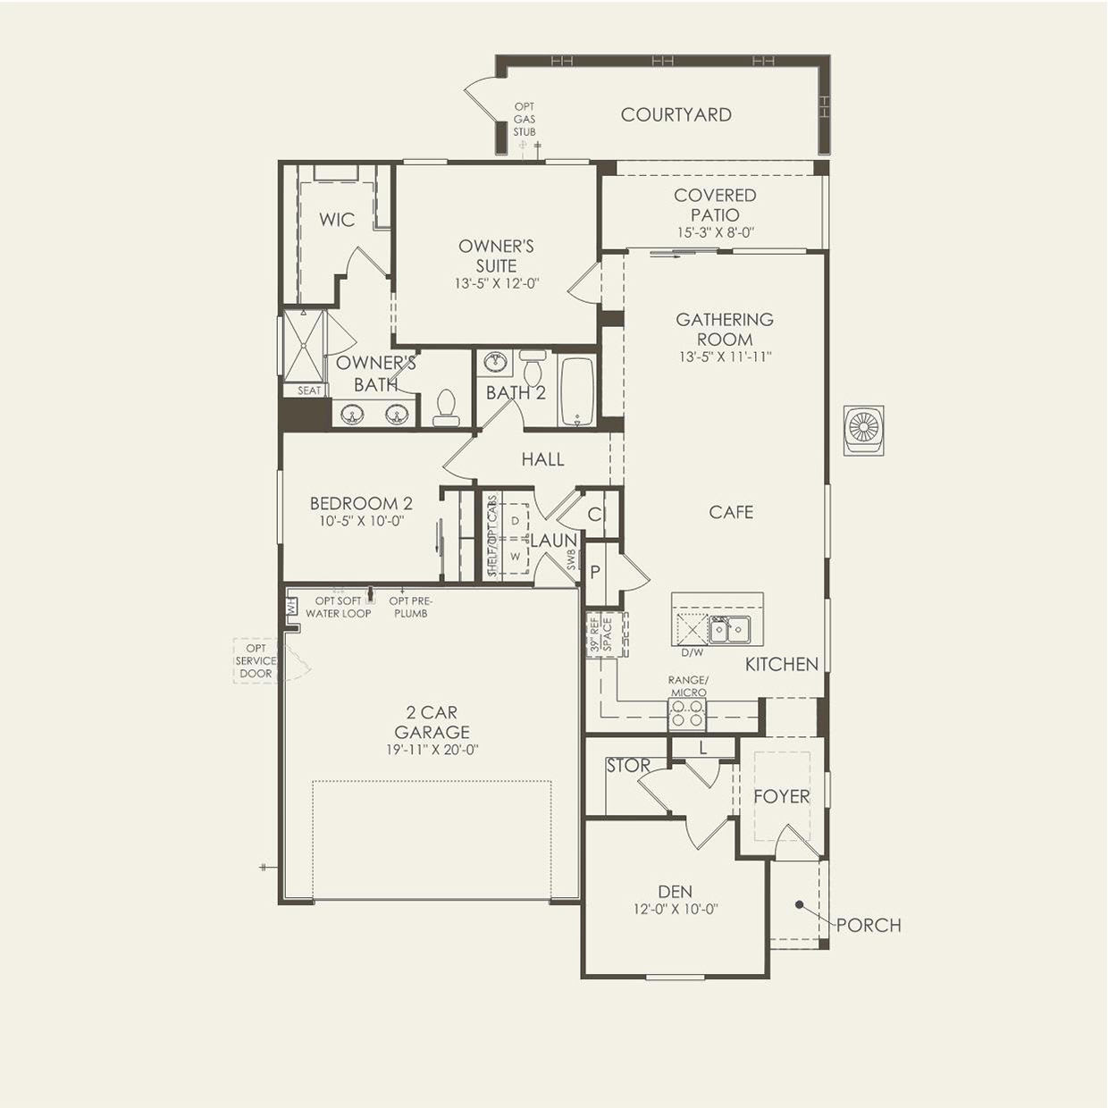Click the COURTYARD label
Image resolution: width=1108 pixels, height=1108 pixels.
point(676,115)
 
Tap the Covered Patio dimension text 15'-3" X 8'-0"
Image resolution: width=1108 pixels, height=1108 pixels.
point(715,233)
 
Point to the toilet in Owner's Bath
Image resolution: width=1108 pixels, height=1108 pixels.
point(446,407)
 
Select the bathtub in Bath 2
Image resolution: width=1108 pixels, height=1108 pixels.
point(577,393)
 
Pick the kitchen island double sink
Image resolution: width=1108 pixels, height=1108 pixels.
point(729,630)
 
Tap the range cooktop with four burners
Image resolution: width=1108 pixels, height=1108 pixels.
point(687,713)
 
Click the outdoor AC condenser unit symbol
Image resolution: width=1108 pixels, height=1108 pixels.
point(864,430)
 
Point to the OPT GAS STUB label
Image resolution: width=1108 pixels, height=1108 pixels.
point(525,119)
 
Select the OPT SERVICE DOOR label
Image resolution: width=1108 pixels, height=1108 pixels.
point(256,661)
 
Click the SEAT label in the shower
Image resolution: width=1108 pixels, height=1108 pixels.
point(309,390)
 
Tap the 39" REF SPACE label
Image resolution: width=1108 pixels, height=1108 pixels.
point(600,634)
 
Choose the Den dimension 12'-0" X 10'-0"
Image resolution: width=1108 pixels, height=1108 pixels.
point(676,909)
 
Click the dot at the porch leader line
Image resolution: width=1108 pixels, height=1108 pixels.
point(799,904)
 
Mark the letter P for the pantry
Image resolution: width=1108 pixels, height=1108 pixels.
point(596,572)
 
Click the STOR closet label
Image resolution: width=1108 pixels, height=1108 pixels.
point(628,765)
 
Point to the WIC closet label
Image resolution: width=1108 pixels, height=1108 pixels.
point(337,220)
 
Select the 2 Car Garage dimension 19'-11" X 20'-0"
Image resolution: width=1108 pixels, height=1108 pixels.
point(432,750)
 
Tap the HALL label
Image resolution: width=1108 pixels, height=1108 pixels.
point(542,459)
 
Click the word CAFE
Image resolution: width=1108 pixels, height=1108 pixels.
point(731,512)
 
